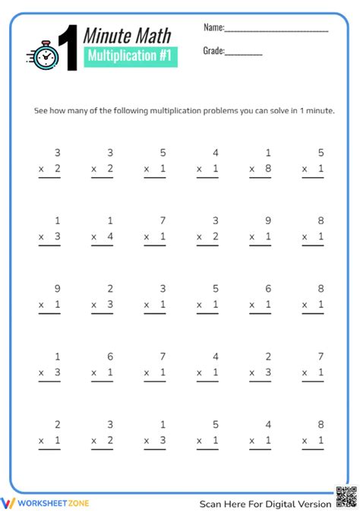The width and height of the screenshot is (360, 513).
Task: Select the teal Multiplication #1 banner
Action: coord(128,55)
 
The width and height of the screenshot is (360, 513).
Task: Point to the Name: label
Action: coord(213,27)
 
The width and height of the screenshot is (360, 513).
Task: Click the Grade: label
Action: coord(213,51)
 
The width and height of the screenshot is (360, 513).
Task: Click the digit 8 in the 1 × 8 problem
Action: coord(268,169)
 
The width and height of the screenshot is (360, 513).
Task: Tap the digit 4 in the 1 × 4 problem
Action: coord(110,237)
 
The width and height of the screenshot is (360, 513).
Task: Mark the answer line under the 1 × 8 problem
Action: coord(260,178)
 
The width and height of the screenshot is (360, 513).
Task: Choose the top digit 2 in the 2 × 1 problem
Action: coord(58,425)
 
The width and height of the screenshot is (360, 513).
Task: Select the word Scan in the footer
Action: coord(212,503)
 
